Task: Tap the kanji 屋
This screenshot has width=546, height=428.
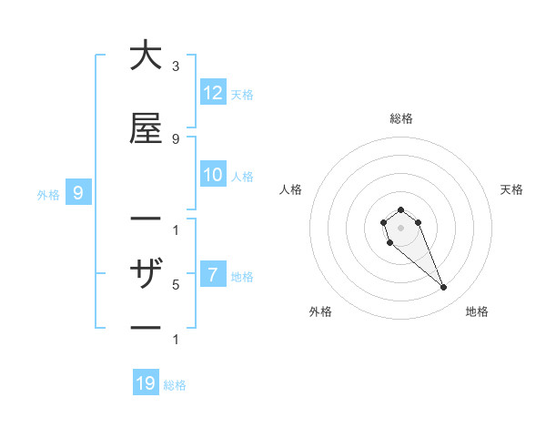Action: pos(146,129)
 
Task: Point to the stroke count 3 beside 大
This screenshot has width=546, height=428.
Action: pos(176,66)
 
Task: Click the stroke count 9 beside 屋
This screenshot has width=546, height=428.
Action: pos(176,139)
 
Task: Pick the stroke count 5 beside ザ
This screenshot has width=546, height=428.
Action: pos(176,284)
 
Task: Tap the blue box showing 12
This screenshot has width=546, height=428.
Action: pos(213,93)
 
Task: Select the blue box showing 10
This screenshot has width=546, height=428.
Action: pos(213,175)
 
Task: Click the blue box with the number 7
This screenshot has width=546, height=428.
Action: pos(213,275)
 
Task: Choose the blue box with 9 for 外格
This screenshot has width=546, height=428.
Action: pos(78,193)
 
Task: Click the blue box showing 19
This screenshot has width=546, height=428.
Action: pos(146,383)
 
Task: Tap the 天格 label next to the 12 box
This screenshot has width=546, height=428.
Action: pos(242,94)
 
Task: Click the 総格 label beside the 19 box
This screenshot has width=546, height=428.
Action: pos(175,385)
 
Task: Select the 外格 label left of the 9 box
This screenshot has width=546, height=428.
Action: pos(48,194)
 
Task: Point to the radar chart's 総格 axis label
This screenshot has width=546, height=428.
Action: pos(400,118)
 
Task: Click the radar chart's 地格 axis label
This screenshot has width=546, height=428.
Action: pos(477,311)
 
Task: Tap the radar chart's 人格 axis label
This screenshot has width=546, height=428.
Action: pos(291,189)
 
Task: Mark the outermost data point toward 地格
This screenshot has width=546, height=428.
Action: pos(444,288)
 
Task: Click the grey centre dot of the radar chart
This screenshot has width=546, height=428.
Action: pos(400,227)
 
